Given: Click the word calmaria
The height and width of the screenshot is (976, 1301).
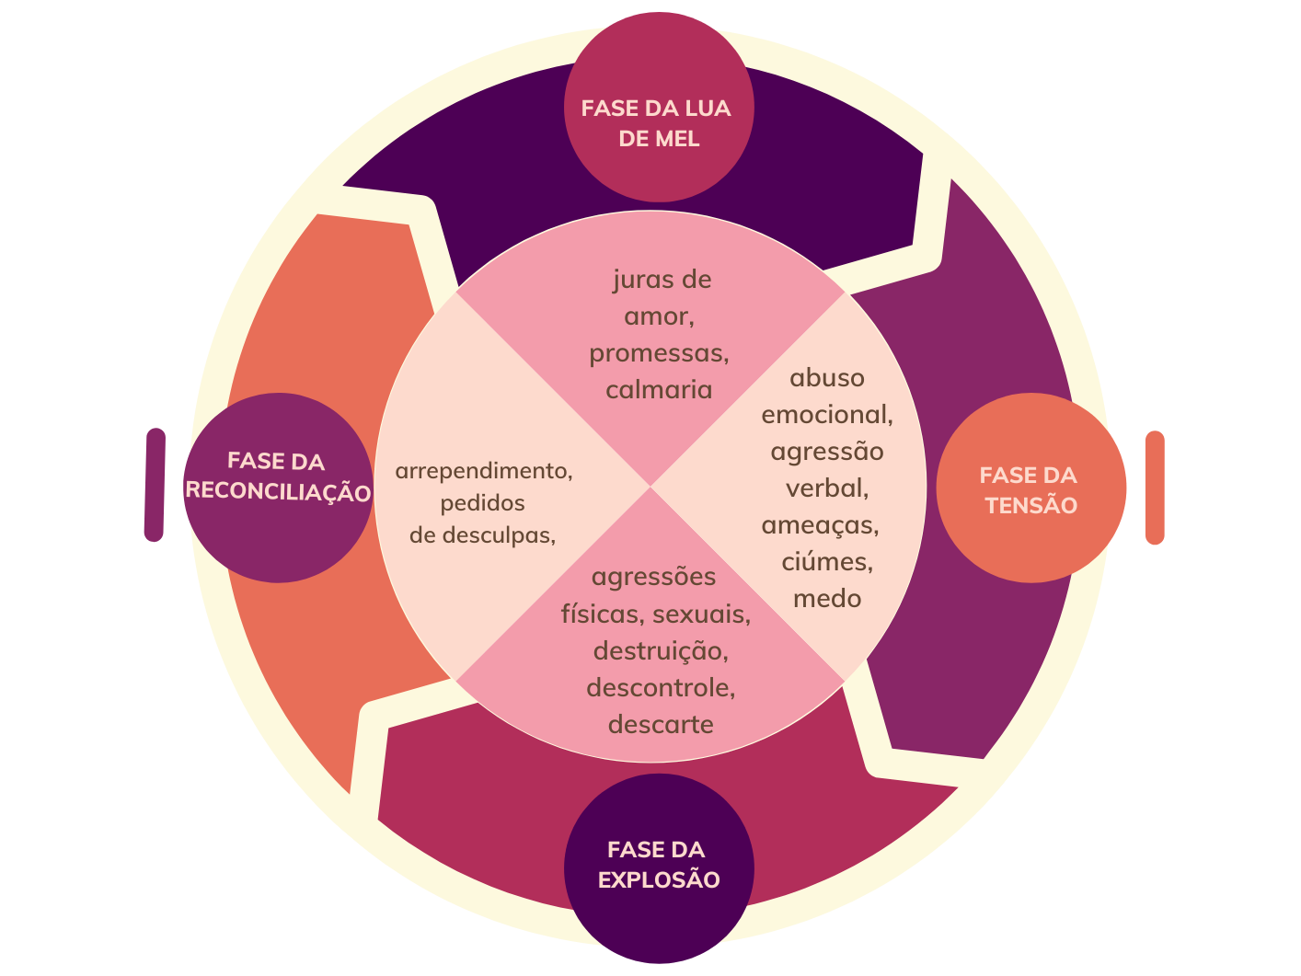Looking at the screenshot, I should click(659, 390).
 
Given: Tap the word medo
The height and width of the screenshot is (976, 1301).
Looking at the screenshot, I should click(827, 599).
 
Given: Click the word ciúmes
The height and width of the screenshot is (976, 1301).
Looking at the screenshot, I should click(826, 561).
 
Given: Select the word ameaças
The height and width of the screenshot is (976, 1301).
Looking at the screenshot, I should click(820, 525).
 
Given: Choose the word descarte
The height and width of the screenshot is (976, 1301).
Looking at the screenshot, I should click(661, 725).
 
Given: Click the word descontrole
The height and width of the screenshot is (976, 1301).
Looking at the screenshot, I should click(660, 688).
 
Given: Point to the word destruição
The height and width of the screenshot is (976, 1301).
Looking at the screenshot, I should click(660, 651).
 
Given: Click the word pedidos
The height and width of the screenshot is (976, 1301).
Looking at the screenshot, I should click(482, 503).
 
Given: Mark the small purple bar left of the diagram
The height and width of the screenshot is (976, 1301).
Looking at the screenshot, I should click(155, 485).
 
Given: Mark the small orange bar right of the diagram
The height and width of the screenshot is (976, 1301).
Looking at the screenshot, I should click(1154, 488).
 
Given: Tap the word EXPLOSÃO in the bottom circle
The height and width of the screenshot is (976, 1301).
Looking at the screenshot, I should click(659, 880).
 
